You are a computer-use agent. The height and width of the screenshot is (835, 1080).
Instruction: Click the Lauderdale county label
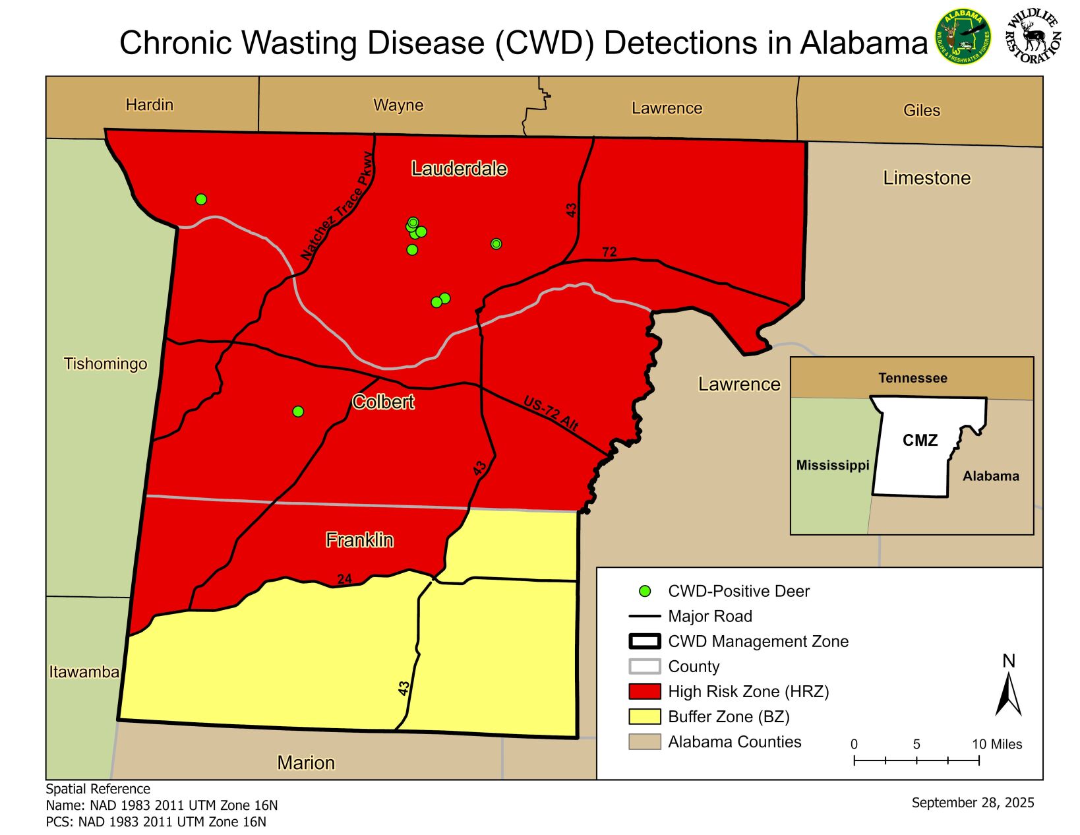coord(459,169)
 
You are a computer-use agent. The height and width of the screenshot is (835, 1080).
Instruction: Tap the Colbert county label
coord(383,402)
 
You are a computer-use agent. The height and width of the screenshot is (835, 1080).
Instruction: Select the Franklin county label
coord(359,540)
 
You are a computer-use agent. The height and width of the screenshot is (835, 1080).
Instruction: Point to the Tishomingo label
coord(105,363)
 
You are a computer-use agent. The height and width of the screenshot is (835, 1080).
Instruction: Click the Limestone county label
coord(926,178)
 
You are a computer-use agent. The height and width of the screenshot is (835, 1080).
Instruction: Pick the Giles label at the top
coord(921,110)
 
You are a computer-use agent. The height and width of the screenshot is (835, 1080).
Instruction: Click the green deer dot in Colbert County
coord(298,412)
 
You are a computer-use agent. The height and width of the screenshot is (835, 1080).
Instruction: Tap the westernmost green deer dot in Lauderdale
coord(201,199)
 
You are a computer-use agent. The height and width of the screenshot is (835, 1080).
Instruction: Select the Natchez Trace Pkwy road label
coord(337,207)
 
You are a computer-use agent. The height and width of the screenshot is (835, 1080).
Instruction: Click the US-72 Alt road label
coord(551,414)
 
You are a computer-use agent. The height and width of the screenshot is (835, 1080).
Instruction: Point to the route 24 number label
coord(344,579)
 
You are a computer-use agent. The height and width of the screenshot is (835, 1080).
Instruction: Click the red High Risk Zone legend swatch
coord(644,691)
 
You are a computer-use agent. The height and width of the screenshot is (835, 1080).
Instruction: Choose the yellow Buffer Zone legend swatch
coord(644,716)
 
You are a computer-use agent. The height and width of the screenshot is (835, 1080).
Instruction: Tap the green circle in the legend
coord(645,592)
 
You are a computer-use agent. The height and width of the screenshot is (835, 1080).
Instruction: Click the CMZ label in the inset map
coord(920,440)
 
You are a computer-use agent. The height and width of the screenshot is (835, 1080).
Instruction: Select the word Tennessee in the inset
coord(913,378)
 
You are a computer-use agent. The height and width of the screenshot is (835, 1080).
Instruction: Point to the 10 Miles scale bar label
coord(996,744)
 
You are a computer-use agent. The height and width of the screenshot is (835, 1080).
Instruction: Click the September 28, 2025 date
coord(973,803)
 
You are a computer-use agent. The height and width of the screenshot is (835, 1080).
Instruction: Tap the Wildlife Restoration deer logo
coord(1033,37)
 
